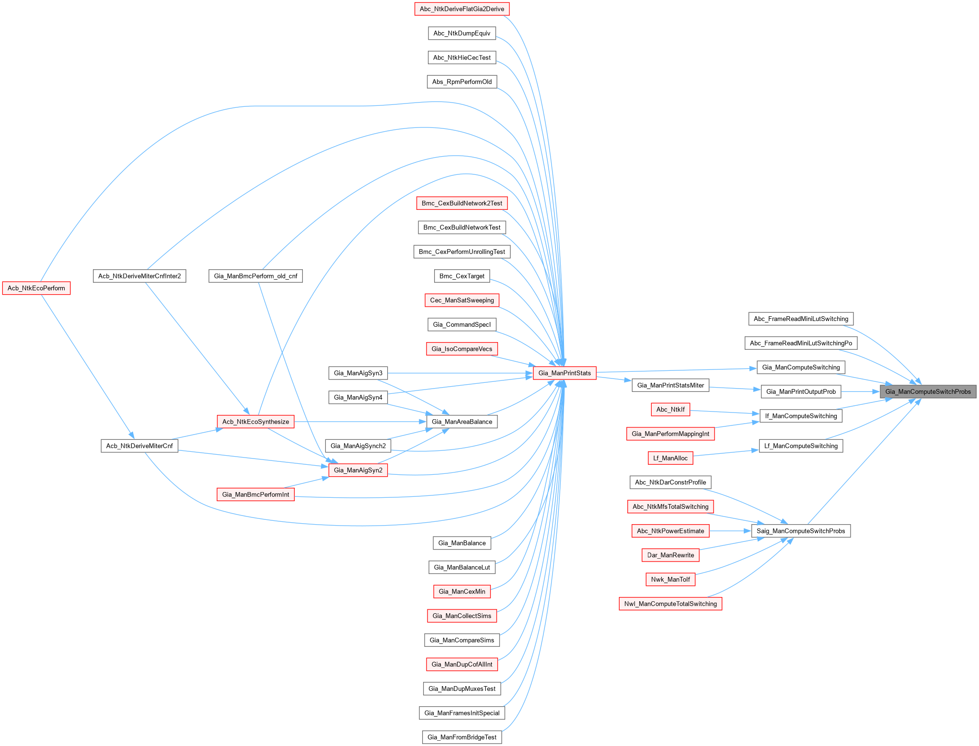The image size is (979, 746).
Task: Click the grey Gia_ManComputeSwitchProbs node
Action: click(x=928, y=391)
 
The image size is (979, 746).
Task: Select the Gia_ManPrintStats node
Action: click(x=564, y=373)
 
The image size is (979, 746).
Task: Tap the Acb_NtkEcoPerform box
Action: click(x=36, y=288)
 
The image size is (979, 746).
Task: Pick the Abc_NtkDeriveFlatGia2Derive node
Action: click(x=461, y=9)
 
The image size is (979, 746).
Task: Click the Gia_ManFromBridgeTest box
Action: click(x=462, y=737)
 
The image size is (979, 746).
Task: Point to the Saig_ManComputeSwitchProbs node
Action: click(x=801, y=531)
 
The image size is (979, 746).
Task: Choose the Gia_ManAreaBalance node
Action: click(x=462, y=422)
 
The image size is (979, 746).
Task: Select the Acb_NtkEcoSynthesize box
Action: click(x=255, y=422)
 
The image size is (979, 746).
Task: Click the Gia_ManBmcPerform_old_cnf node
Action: click(x=255, y=276)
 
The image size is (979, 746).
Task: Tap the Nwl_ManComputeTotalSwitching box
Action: click(x=670, y=604)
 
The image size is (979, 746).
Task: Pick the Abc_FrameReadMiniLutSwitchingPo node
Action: click(x=801, y=343)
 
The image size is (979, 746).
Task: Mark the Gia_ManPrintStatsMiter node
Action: click(x=670, y=385)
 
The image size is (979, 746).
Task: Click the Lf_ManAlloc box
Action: click(x=670, y=458)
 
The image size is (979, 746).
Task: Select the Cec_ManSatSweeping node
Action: click(x=462, y=300)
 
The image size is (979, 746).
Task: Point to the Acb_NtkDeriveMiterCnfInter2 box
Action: click(x=139, y=276)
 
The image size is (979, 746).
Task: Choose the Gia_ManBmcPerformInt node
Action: click(x=255, y=494)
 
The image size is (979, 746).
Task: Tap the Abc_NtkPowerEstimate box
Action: click(x=670, y=531)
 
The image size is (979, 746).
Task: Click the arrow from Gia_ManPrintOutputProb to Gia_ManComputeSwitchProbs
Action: click(x=861, y=391)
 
